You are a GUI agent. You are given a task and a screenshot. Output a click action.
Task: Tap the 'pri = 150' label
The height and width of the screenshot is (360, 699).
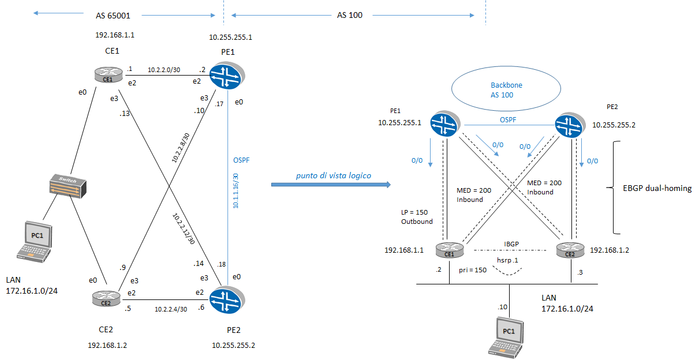473,269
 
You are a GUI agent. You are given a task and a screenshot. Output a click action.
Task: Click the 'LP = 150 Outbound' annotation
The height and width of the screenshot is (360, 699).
416,216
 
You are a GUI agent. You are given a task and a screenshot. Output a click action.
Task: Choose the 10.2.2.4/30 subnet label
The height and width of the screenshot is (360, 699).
170,309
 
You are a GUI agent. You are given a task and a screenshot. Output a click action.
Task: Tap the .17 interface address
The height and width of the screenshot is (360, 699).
219,104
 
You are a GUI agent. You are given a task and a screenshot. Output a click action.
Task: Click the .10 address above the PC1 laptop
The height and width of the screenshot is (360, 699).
503,307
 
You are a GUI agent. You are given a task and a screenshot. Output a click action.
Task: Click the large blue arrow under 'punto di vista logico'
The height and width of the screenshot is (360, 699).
331,185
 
